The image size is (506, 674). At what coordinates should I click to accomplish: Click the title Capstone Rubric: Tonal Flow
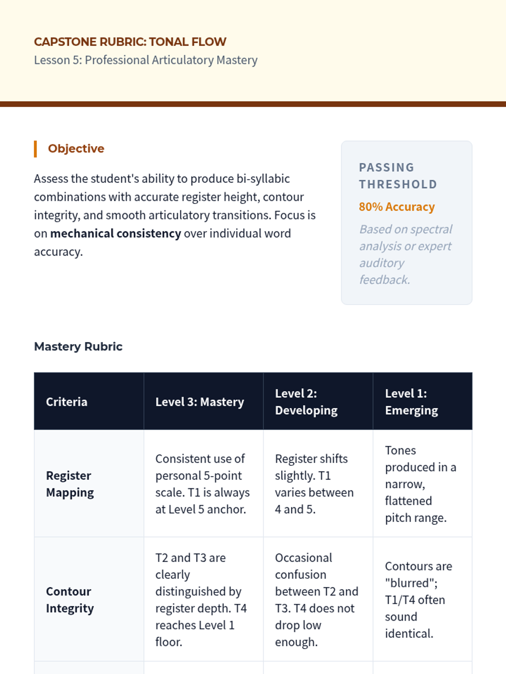pos(130,42)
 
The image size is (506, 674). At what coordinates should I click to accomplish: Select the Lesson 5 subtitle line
pos(145,60)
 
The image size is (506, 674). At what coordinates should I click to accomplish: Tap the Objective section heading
pos(76,149)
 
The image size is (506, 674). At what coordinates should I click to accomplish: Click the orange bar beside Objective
pos(35,149)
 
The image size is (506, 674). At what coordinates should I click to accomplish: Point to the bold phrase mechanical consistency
pos(116,233)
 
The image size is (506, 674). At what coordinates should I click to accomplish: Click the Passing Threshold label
pos(398,176)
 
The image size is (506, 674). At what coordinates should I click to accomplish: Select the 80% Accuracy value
pos(396,207)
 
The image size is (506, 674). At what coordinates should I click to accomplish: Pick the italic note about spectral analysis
pos(405,254)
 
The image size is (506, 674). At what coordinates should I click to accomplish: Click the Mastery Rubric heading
pos(78,347)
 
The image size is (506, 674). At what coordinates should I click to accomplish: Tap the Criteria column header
pos(67,402)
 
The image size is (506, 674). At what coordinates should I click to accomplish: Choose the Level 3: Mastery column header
pos(199,402)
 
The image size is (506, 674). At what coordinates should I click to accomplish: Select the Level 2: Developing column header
pos(306,402)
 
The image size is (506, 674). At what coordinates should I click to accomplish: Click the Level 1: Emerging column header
pos(411,402)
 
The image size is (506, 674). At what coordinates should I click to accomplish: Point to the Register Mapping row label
pos(70,484)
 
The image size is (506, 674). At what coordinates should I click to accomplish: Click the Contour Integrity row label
pos(70,600)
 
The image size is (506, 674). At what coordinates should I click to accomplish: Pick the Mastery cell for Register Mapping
pos(202,484)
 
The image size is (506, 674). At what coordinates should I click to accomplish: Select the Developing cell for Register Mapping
pos(314,484)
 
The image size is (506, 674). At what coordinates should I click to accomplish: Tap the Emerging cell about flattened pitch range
pos(420,484)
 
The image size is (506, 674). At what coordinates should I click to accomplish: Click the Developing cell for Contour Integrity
pos(316,600)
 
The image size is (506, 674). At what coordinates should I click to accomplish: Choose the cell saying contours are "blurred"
pos(418,600)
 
